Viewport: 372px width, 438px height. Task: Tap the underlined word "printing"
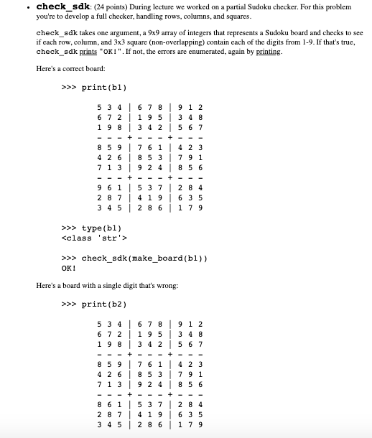point(264,52)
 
